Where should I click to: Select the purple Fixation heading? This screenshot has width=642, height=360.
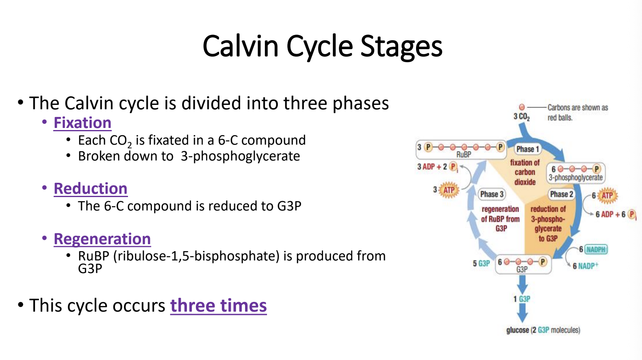coord(82,123)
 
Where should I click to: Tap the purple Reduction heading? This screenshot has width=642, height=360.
coord(91,188)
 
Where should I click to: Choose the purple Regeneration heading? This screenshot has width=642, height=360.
coord(102,239)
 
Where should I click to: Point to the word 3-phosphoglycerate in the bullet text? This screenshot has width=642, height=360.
coord(241,156)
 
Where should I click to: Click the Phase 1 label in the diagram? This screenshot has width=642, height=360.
coord(527,149)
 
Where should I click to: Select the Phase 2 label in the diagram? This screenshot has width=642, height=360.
coord(562,194)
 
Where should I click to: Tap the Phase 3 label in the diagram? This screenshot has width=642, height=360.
coord(492,194)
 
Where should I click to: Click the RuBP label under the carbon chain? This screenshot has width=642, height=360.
coord(464,154)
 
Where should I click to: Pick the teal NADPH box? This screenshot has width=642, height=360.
coord(596,249)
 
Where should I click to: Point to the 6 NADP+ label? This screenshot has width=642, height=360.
coord(586,266)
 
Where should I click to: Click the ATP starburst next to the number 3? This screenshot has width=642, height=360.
coord(449,190)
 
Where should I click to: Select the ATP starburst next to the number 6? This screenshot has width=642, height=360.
coord(607,195)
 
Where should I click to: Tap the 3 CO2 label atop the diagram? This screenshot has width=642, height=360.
coord(522,117)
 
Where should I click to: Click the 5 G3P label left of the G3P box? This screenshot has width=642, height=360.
coord(481,263)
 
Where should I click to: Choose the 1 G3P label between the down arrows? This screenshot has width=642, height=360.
coord(522,299)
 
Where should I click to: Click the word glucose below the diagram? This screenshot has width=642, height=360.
coord(518,330)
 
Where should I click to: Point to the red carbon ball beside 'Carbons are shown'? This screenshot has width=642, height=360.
coord(522,107)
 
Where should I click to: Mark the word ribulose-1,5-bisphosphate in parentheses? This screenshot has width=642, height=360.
coord(196,256)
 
